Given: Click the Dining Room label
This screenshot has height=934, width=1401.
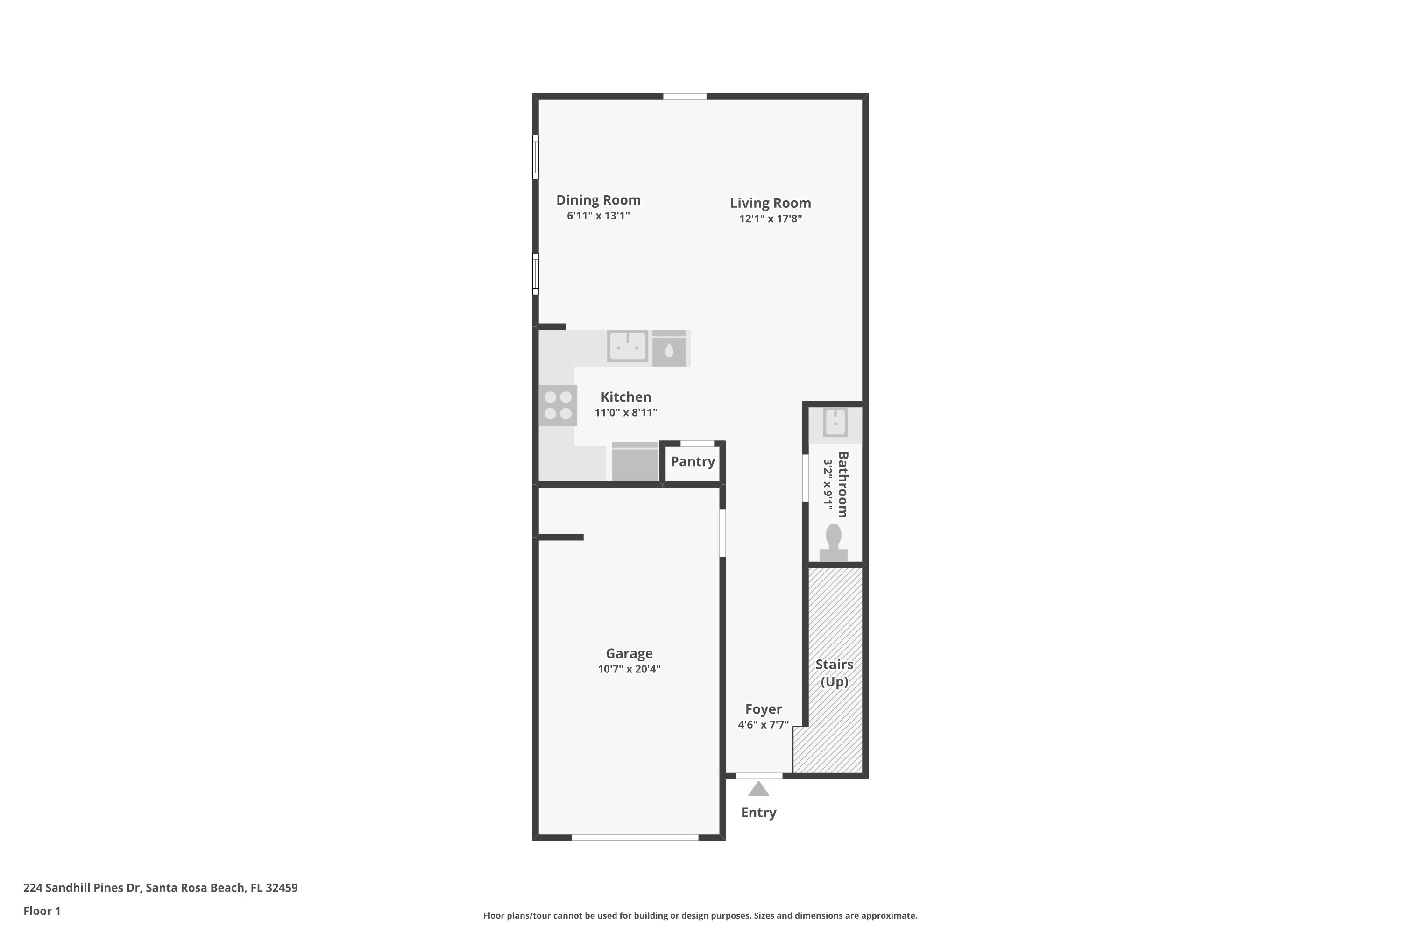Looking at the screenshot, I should tap(598, 200).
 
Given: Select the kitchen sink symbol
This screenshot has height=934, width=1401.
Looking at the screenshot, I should tap(627, 346).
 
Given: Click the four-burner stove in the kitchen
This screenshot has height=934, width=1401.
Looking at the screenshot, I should tap(558, 405).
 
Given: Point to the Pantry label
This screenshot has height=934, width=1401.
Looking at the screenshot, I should tap(692, 462).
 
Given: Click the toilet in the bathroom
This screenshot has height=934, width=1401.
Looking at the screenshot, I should tap(833, 542).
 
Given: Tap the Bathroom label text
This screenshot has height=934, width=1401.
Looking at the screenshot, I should tap(842, 484).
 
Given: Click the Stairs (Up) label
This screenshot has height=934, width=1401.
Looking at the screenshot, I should tap(834, 672).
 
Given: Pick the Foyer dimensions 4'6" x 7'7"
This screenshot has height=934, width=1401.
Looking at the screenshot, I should tap(763, 725).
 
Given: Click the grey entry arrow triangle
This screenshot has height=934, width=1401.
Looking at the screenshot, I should tap(758, 790).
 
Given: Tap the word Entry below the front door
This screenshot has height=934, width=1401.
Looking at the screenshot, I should tap(758, 813).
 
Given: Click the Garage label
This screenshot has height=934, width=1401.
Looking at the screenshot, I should tap(629, 653).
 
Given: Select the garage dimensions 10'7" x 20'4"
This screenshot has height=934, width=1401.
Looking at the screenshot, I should tap(629, 669).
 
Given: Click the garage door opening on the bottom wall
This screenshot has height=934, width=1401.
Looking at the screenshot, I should tap(635, 837).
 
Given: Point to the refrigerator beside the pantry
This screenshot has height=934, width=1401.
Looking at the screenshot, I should tap(634, 462).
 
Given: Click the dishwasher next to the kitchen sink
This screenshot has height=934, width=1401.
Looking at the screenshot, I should tap(669, 348).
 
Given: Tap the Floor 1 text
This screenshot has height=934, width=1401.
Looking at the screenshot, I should tap(42, 911).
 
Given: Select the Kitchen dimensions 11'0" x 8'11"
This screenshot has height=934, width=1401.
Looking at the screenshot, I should tap(625, 413).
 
